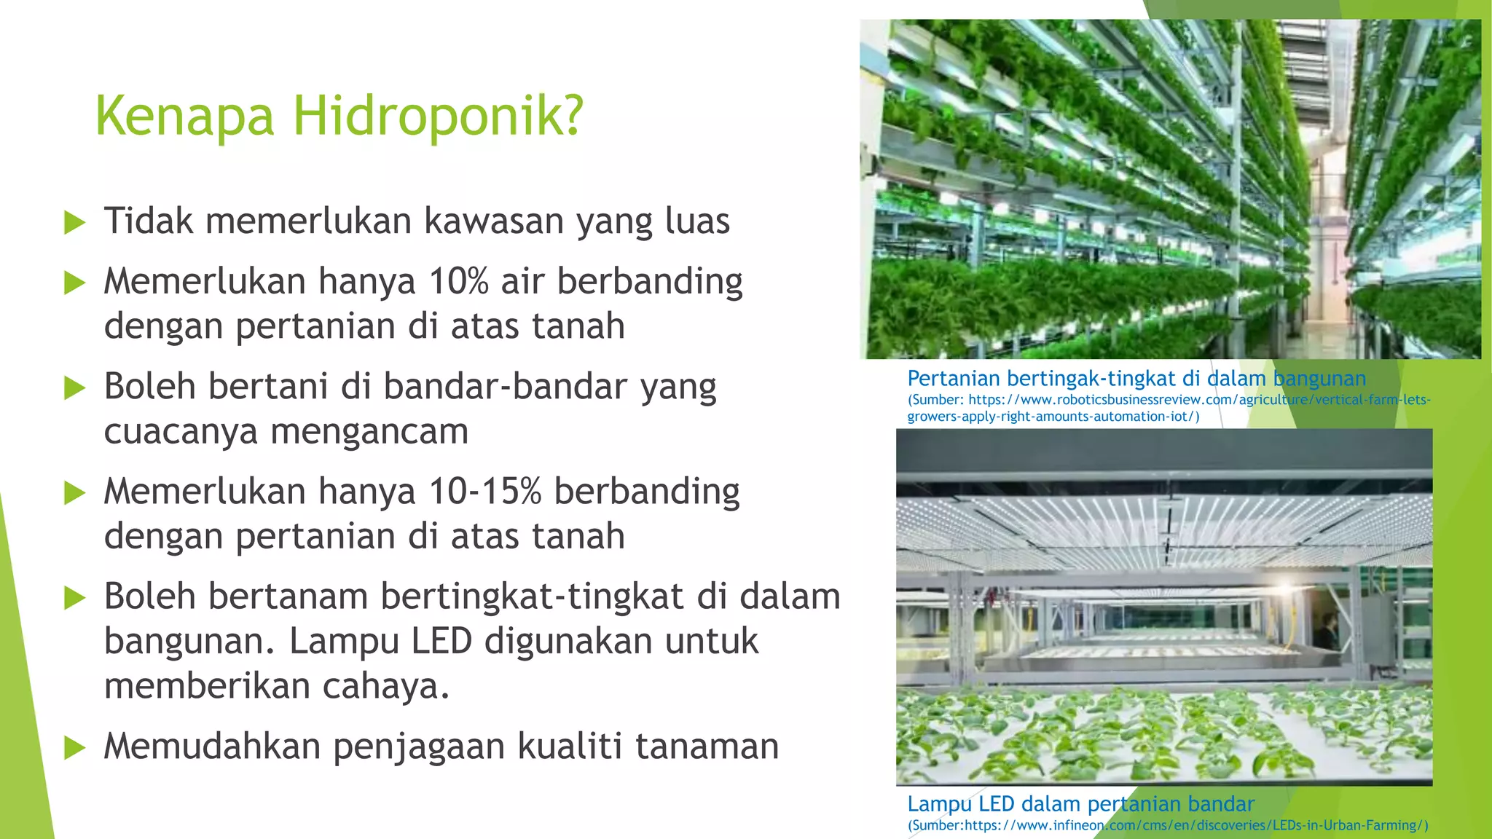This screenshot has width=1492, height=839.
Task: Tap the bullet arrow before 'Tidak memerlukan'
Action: [75, 222]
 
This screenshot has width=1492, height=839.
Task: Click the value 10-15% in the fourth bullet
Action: [484, 492]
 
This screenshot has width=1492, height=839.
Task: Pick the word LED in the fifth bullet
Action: [441, 642]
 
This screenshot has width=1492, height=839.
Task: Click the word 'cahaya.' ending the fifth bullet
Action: [386, 686]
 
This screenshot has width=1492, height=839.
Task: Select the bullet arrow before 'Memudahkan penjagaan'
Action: [75, 747]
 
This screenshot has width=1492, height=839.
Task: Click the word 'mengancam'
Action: [369, 432]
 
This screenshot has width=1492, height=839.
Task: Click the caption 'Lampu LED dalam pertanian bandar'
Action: [1080, 804]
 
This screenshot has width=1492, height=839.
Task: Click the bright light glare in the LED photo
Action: [1287, 587]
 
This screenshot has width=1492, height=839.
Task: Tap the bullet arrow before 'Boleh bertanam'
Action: [75, 598]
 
